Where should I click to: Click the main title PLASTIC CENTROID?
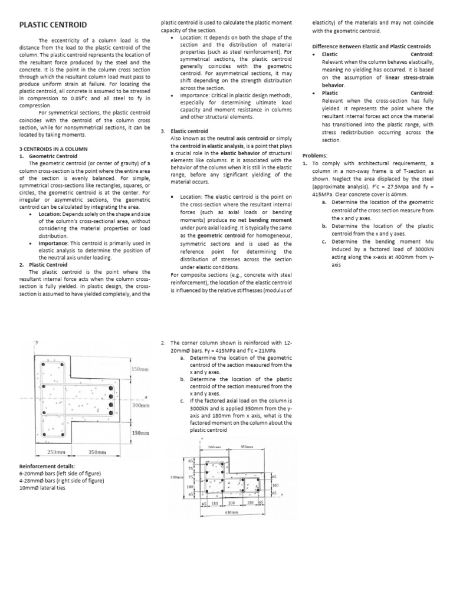(53, 25)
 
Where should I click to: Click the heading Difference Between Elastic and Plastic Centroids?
(371, 47)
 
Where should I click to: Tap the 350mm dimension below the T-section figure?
(97, 452)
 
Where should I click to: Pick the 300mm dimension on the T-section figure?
(140, 406)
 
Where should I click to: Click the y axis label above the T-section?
(37, 342)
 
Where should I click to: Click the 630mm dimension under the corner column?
(231, 513)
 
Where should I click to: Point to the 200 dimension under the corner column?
(231, 503)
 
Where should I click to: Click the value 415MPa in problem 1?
(317, 193)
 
